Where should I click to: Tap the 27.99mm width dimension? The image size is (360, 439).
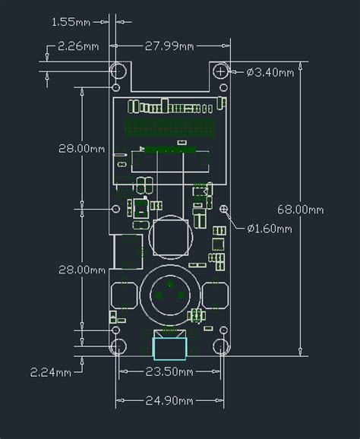[x=169, y=46]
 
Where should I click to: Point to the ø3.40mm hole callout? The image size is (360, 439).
[x=270, y=73]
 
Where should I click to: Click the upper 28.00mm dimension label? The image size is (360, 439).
[x=81, y=148]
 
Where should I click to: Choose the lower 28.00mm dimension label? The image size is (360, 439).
[x=81, y=270]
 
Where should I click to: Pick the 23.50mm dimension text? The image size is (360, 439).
[x=169, y=371]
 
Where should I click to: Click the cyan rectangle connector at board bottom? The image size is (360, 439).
[x=169, y=347]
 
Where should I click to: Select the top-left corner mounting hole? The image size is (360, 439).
[x=119, y=71]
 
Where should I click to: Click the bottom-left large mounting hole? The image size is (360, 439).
[x=119, y=347]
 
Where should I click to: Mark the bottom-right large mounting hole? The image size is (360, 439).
[x=221, y=347]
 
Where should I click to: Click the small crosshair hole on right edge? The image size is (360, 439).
[x=223, y=208]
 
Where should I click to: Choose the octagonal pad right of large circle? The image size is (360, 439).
[x=216, y=295]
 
